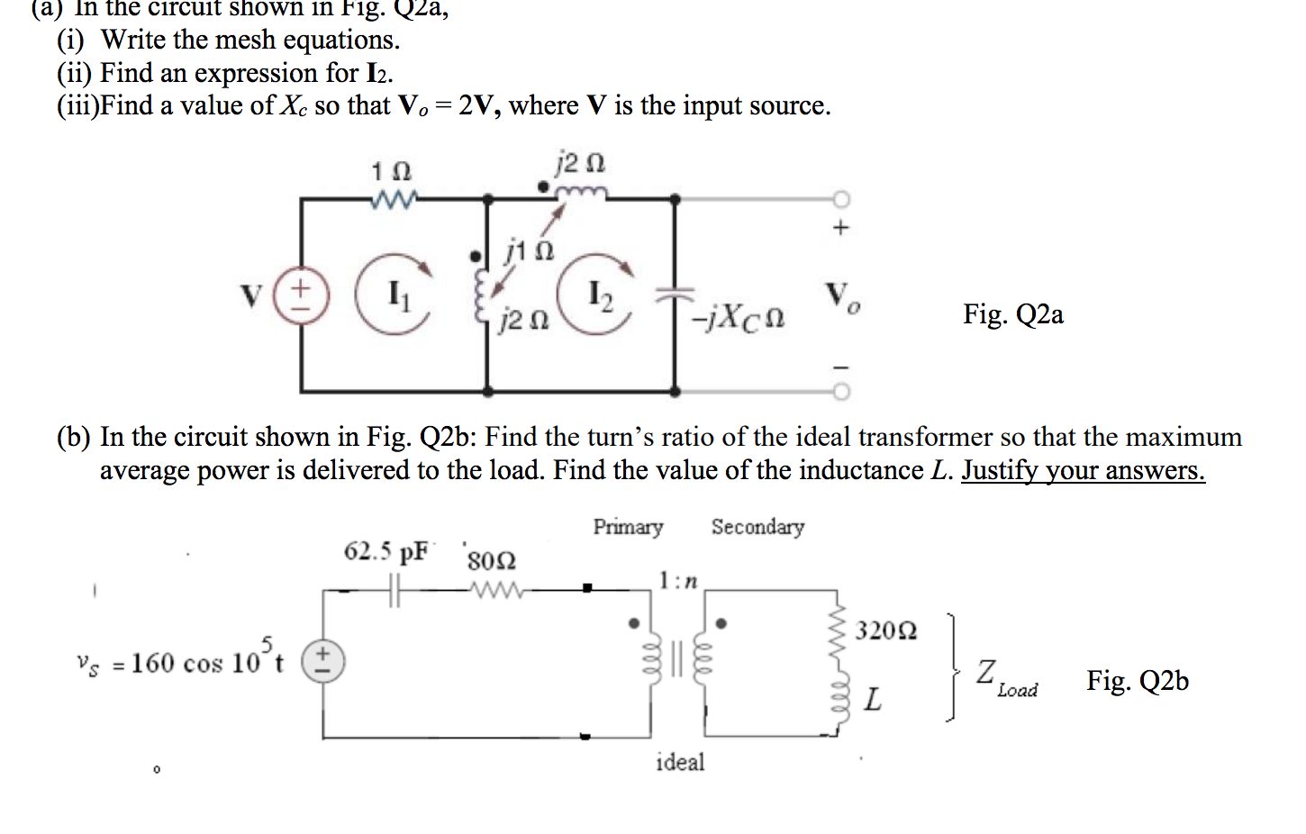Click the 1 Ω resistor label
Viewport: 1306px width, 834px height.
point(391,171)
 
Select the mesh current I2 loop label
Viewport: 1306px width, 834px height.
point(599,295)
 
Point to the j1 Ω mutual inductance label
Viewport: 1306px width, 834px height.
point(529,249)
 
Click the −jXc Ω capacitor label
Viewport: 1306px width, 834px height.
point(738,317)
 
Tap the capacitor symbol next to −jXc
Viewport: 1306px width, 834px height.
point(675,295)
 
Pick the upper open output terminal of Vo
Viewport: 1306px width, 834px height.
point(840,198)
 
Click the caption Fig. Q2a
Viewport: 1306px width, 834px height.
point(1012,314)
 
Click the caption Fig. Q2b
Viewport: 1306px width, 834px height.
point(1137,681)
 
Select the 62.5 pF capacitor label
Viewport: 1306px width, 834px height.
point(385,551)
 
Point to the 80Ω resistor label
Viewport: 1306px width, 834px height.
point(491,560)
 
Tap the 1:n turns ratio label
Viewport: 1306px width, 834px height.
point(677,581)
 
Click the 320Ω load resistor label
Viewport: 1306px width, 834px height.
point(885,630)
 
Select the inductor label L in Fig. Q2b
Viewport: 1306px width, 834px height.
point(872,699)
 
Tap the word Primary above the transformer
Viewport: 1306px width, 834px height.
point(628,527)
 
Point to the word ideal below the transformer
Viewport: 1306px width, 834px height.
point(680,763)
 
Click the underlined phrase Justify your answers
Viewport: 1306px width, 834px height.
point(1082,471)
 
